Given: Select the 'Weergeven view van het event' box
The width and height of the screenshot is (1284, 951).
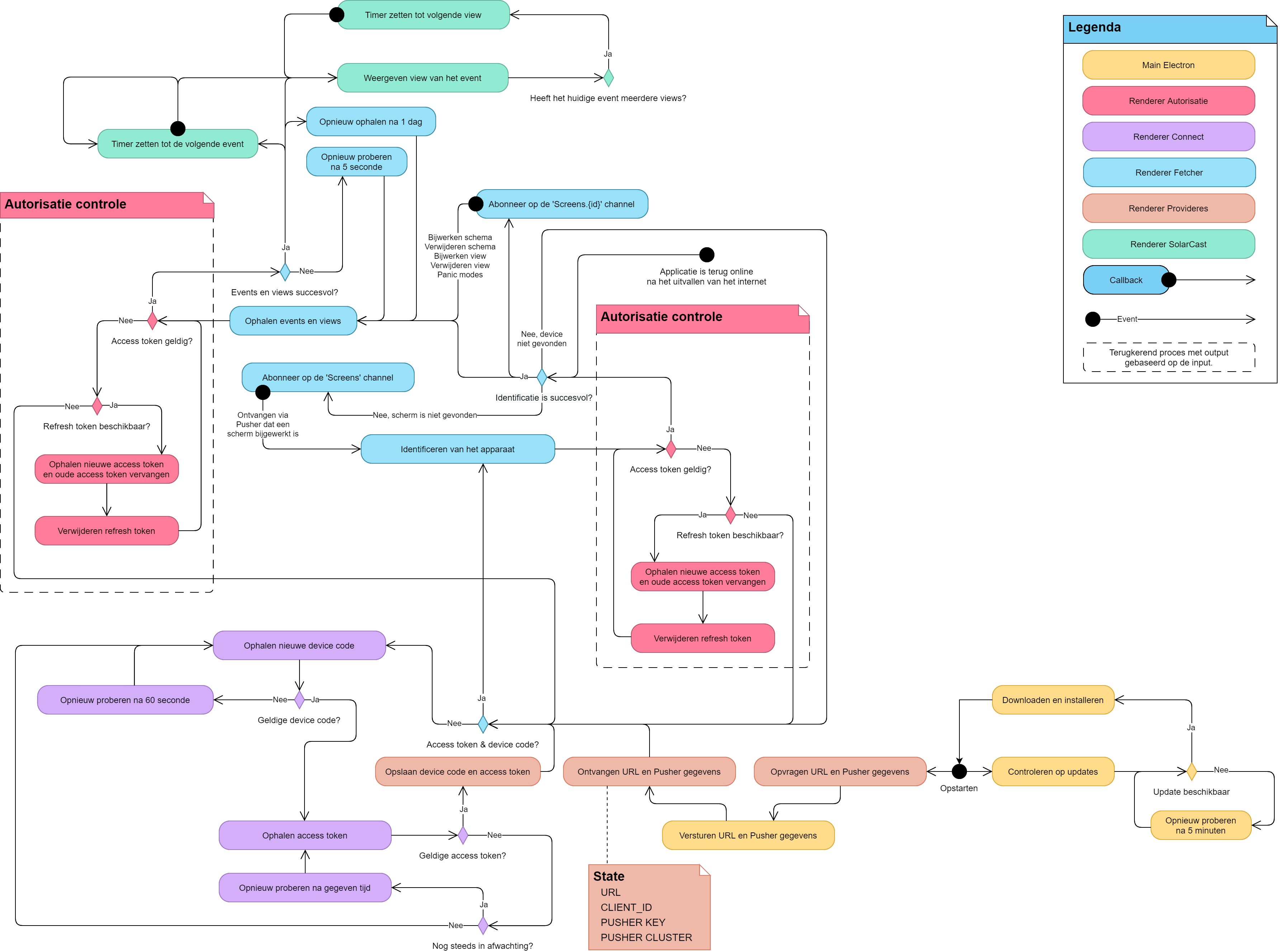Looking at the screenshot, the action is click(423, 78).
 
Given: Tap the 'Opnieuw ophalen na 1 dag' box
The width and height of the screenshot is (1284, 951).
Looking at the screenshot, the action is click(371, 121).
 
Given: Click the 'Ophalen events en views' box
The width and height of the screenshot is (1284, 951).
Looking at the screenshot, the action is click(293, 321).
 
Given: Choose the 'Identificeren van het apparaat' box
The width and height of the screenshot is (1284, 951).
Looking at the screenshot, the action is click(458, 449).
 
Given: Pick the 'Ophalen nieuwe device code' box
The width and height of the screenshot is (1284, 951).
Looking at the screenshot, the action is click(299, 645).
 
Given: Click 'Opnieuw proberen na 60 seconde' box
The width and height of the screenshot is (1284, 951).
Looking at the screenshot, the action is click(126, 700).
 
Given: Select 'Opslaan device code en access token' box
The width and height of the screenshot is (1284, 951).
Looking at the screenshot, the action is click(458, 771).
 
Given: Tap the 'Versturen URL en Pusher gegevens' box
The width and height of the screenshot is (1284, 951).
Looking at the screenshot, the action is click(748, 835).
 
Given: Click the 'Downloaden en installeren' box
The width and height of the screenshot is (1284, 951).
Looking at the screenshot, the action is click(1053, 700).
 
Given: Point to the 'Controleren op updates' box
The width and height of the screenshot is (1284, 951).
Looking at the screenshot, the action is click(1053, 771).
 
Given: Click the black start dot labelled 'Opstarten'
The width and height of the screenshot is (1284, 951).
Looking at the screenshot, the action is click(959, 771).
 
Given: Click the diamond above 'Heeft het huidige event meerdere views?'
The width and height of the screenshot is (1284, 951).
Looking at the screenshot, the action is click(608, 78).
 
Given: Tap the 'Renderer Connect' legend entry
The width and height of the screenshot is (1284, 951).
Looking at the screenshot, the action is click(1169, 137).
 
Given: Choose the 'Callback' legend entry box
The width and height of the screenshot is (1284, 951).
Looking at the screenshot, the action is click(1126, 280).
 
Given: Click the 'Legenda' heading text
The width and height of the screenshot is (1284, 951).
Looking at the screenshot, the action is click(1095, 27).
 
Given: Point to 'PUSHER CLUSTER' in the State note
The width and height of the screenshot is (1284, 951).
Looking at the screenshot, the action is click(646, 937).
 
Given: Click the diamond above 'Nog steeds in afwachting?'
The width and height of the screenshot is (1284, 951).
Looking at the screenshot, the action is click(483, 926).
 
